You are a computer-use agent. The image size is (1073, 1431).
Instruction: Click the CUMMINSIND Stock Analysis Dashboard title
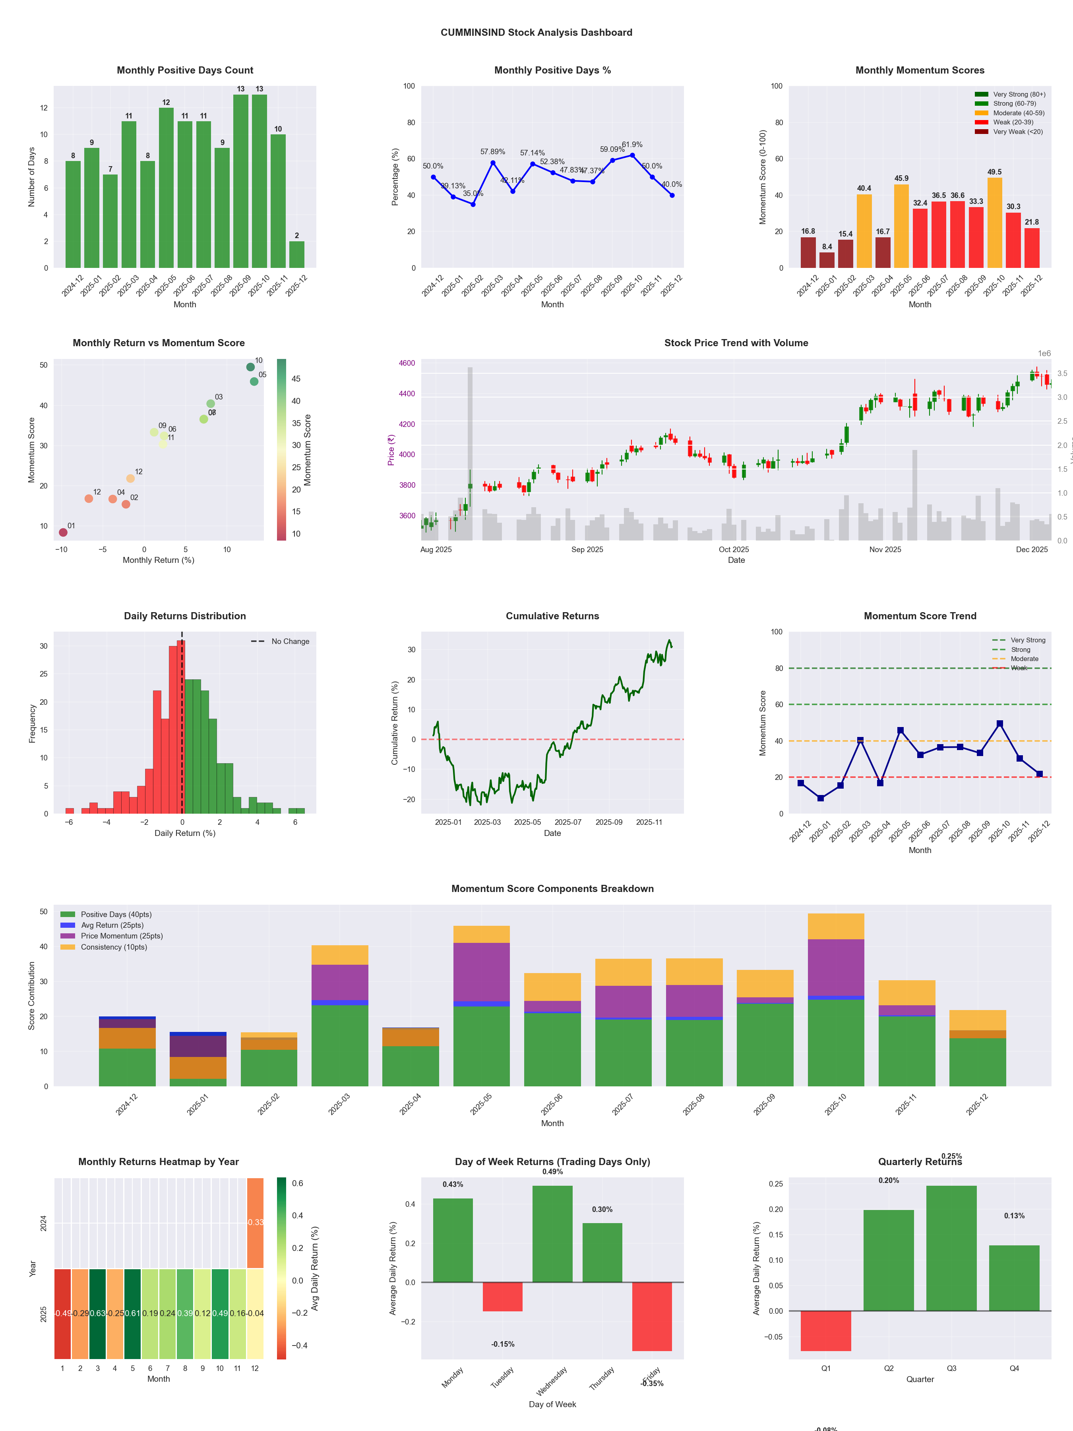(536, 32)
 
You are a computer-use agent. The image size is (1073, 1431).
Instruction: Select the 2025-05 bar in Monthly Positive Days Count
(166, 188)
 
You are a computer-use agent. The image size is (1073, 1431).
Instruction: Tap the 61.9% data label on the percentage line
(632, 145)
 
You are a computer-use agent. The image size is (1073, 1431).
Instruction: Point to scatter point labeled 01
(63, 532)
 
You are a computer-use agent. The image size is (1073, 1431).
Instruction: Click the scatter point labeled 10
(250, 367)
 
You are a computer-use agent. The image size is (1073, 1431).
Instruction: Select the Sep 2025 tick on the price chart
(587, 550)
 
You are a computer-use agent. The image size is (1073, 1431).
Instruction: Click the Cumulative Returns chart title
(552, 616)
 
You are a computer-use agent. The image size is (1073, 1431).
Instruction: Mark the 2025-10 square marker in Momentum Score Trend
(1000, 724)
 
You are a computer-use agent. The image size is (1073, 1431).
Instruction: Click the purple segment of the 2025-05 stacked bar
(481, 971)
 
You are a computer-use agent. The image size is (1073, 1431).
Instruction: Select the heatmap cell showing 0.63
(98, 1313)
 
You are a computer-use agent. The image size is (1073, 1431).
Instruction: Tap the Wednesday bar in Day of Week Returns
(552, 1234)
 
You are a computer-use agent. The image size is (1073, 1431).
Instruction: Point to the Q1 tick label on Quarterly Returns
(826, 1368)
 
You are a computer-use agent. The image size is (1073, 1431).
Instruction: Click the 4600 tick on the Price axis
(407, 364)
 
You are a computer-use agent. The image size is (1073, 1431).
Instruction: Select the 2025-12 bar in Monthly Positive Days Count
(297, 254)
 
